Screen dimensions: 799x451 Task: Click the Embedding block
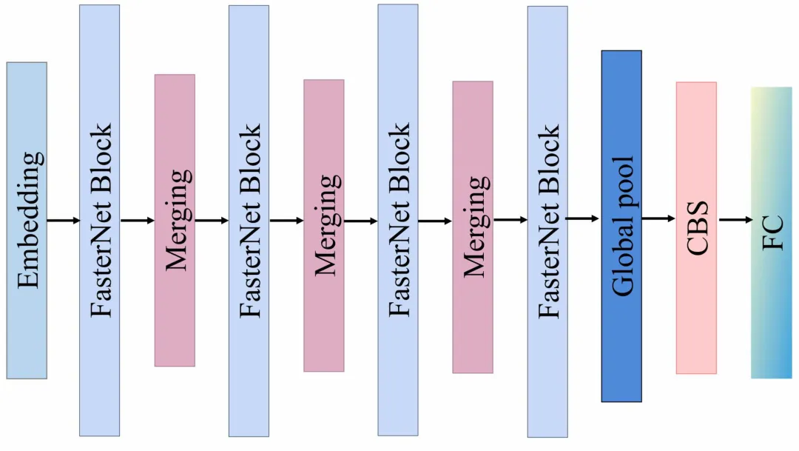tap(27, 221)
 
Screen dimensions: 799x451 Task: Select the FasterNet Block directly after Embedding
tap(99, 221)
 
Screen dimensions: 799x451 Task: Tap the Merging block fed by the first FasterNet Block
tap(175, 221)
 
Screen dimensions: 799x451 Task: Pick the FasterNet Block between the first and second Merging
tap(249, 221)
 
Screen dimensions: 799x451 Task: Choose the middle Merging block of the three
tap(324, 225)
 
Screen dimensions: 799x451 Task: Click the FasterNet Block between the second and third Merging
tap(398, 221)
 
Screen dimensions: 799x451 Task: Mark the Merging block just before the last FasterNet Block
tap(473, 227)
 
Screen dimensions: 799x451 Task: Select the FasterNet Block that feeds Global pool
tap(547, 222)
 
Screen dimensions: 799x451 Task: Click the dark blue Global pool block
tap(621, 226)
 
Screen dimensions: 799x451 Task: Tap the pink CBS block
tap(697, 228)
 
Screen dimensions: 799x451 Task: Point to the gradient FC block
tap(772, 233)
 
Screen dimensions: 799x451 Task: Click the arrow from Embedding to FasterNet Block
tap(64, 221)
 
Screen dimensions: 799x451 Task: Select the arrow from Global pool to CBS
tap(659, 219)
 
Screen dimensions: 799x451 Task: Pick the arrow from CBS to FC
tap(735, 220)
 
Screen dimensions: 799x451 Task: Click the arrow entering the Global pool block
tap(582, 219)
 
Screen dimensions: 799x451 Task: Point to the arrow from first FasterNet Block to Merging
tap(138, 221)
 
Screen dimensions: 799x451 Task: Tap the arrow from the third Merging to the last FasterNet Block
tap(510, 220)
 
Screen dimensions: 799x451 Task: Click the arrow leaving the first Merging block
tap(212, 221)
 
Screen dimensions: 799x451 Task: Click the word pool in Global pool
tap(623, 182)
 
